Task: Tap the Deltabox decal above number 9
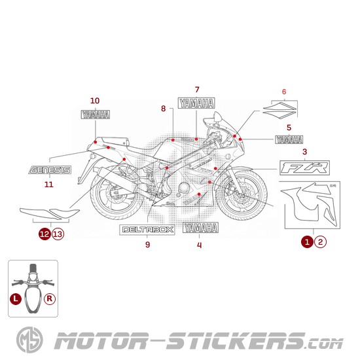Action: click(x=147, y=230)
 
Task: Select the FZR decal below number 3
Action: click(x=304, y=168)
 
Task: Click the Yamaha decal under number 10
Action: click(x=95, y=114)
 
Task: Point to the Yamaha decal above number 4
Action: click(x=200, y=228)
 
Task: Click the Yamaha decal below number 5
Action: click(x=289, y=139)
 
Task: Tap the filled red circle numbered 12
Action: click(x=44, y=233)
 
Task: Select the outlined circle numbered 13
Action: click(x=58, y=233)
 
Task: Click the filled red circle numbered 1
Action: click(x=306, y=242)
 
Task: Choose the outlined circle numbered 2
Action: click(x=319, y=242)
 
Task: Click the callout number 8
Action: click(x=163, y=108)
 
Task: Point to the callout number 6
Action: click(x=284, y=91)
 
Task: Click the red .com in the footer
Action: click(x=323, y=342)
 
